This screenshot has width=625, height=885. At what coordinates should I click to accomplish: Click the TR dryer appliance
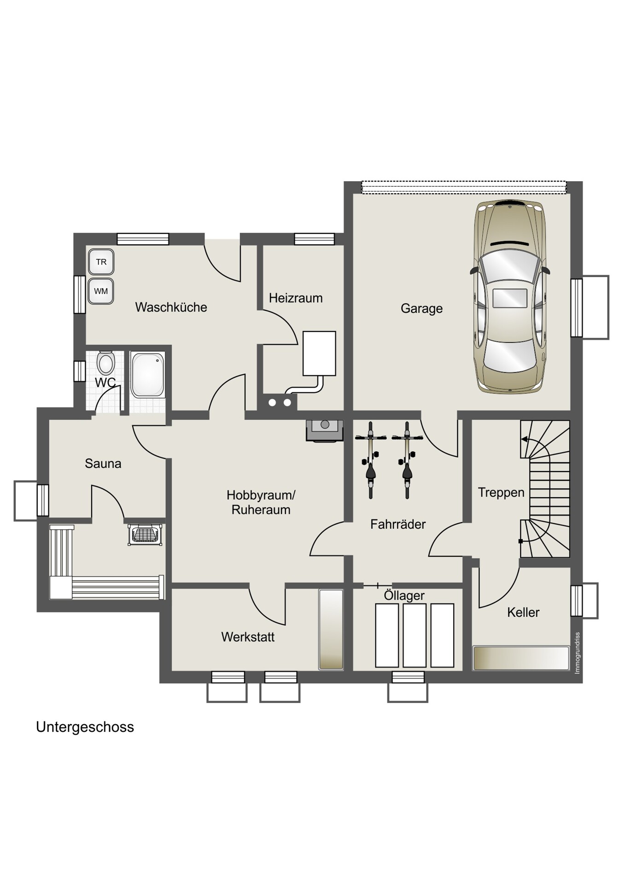101,262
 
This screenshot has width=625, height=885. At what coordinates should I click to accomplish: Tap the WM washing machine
101,291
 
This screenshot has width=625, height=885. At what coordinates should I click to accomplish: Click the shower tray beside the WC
147,375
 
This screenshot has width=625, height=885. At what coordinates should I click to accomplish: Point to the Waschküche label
171,307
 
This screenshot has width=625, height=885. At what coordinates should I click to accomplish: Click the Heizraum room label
296,298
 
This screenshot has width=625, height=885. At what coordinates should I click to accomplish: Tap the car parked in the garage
510,296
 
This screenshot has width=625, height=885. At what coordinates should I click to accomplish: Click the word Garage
421,308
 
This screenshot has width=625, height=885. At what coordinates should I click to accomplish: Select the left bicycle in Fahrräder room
371,460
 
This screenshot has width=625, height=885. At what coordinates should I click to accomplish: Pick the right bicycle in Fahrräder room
407,460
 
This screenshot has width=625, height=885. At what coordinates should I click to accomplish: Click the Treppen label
501,493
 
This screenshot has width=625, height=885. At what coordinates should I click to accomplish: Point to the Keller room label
523,613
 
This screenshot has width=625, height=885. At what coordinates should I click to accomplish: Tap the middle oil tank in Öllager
415,635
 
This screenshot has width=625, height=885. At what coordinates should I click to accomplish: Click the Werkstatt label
248,637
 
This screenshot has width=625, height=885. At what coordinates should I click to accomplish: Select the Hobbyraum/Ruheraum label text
261,502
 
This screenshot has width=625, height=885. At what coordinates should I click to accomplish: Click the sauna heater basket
145,534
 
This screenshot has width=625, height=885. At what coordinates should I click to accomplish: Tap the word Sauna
103,464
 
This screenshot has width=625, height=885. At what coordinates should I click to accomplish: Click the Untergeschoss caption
85,727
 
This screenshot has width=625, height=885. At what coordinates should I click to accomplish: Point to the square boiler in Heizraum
319,353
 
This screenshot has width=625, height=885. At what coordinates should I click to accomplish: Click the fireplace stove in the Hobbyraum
325,431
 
